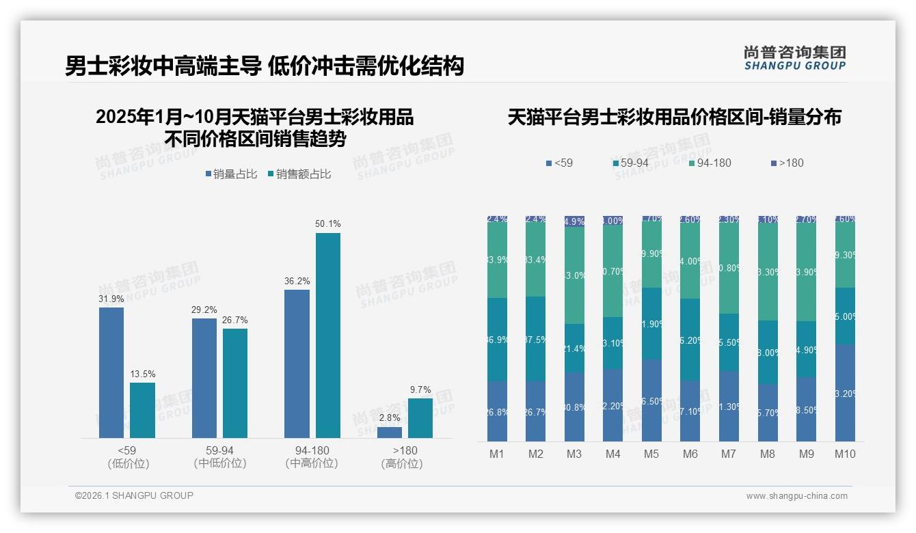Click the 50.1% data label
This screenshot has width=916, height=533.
327,224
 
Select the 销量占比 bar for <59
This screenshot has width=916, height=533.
111,372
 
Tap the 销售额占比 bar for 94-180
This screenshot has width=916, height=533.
327,335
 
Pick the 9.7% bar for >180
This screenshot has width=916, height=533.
420,418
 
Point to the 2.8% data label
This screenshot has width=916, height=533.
389,418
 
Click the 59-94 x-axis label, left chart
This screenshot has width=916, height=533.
219,451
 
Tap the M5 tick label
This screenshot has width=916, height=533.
651,454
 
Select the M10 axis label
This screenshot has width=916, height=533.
845,454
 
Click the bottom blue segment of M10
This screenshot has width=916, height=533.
845,392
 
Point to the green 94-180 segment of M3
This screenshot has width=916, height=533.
574,275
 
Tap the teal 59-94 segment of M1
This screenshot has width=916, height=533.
497,339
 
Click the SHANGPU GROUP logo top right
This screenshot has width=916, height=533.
794,58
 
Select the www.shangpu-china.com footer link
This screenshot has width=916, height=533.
796,496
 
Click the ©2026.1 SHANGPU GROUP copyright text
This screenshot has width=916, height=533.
134,495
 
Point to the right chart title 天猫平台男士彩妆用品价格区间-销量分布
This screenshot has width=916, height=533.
674,118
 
